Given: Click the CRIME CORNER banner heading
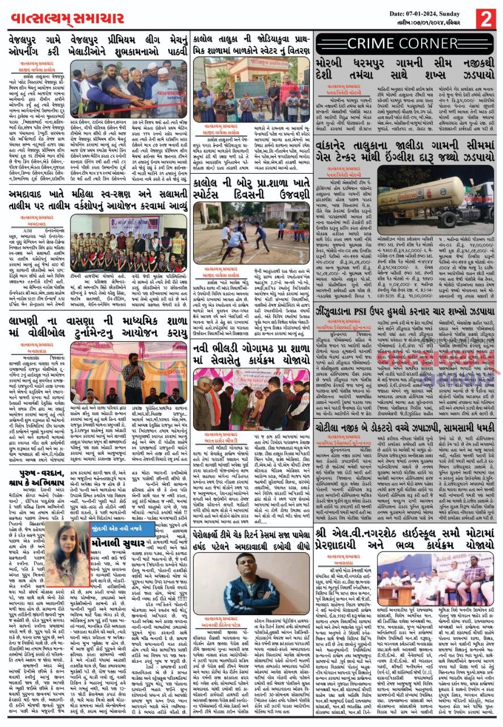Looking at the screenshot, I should coord(405,44).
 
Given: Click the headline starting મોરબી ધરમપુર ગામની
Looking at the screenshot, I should coord(404,70).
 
